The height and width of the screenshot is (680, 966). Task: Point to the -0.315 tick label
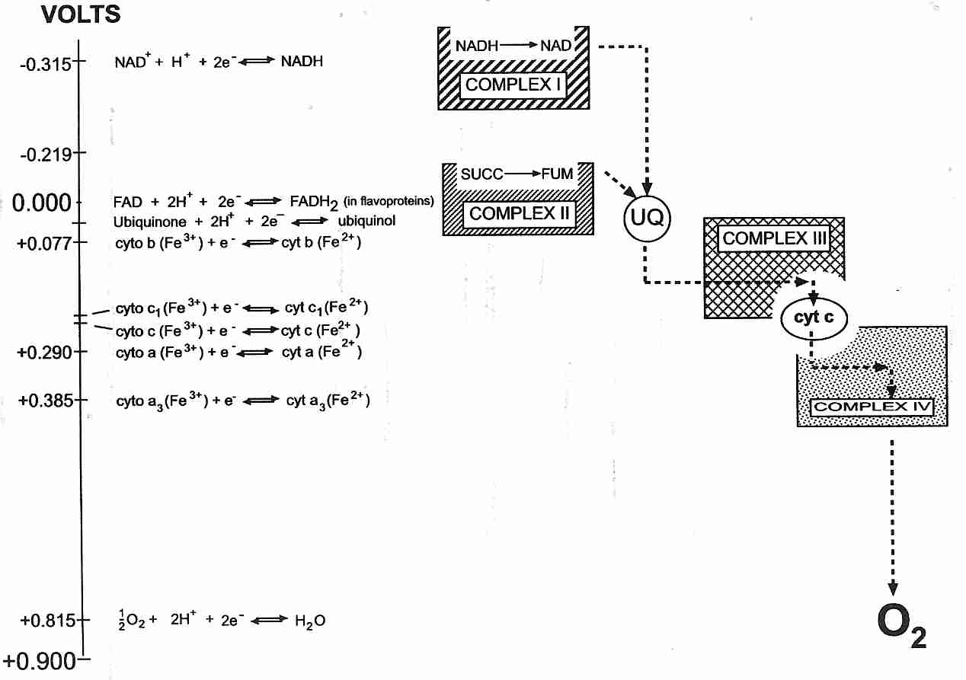[46, 65]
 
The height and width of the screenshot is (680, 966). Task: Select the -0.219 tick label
[46, 155]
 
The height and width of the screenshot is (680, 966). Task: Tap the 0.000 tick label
[43, 203]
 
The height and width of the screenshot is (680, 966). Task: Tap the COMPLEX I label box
[513, 85]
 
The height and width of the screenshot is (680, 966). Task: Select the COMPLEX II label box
[519, 213]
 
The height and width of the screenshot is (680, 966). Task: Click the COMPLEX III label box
[774, 238]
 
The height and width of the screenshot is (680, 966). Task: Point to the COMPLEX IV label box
[872, 407]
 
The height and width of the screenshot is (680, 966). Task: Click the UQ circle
[647, 219]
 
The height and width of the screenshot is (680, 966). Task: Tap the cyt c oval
[813, 318]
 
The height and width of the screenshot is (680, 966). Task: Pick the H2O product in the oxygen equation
[310, 621]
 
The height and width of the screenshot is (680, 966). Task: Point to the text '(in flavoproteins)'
[389, 202]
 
